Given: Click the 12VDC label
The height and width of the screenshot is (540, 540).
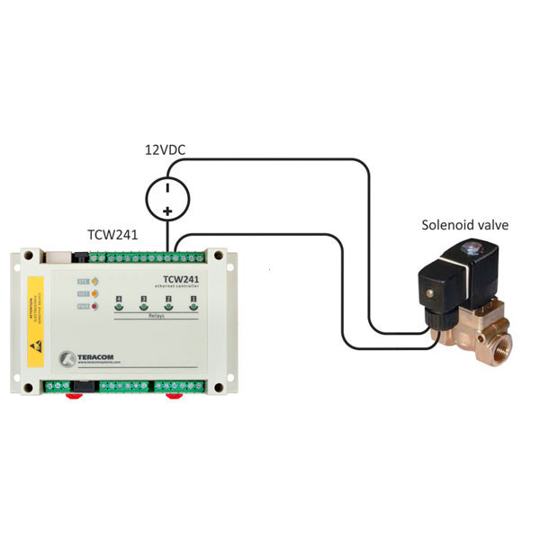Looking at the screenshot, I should [166, 150].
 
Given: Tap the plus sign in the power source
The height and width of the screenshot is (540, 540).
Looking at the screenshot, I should [167, 211].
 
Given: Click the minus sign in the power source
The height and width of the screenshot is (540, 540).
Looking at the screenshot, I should [167, 187].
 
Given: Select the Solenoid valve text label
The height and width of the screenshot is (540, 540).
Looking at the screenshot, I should [465, 224].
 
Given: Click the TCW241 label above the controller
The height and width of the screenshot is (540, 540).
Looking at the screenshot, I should [112, 235].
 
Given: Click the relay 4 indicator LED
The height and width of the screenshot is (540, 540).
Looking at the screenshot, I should [118, 308].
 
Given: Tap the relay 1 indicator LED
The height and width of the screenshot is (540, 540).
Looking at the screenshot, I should [193, 308].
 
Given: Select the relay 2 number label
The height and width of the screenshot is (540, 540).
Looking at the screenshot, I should [168, 298].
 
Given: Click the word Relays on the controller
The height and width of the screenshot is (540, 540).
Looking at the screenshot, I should [156, 317].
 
